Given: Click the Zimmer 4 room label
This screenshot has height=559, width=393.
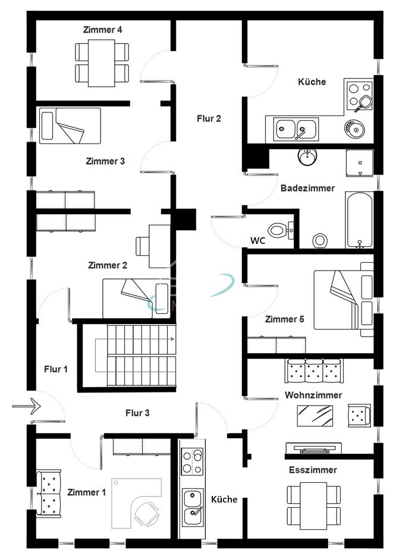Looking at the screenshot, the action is pos(103,30).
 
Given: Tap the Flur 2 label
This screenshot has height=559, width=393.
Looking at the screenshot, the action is pos(209,118).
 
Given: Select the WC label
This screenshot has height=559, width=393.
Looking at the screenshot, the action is pos(257,241).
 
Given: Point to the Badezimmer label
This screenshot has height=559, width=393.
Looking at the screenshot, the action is pos(307,189).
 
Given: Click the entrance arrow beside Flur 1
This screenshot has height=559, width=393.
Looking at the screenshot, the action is pos(27,406).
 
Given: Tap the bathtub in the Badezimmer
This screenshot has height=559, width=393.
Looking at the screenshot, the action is pos(359,220).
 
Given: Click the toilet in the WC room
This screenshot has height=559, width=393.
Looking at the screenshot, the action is pos(278,231).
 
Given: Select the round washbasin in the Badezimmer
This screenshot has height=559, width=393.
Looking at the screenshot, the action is pos(307,157).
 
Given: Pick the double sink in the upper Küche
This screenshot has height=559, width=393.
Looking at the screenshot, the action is pos(296,129).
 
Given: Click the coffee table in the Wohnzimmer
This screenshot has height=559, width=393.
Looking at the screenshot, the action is pos(315,416).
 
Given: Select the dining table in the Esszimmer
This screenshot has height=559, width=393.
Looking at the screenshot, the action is pos(313,506).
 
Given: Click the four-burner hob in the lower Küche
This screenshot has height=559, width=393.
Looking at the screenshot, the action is pos(193,461).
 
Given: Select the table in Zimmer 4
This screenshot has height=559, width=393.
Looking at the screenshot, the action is pos(102,63).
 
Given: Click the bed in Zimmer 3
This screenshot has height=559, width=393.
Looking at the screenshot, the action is pos(70,126).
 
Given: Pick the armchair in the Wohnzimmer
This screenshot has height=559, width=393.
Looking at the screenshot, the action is pos(359,415).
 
